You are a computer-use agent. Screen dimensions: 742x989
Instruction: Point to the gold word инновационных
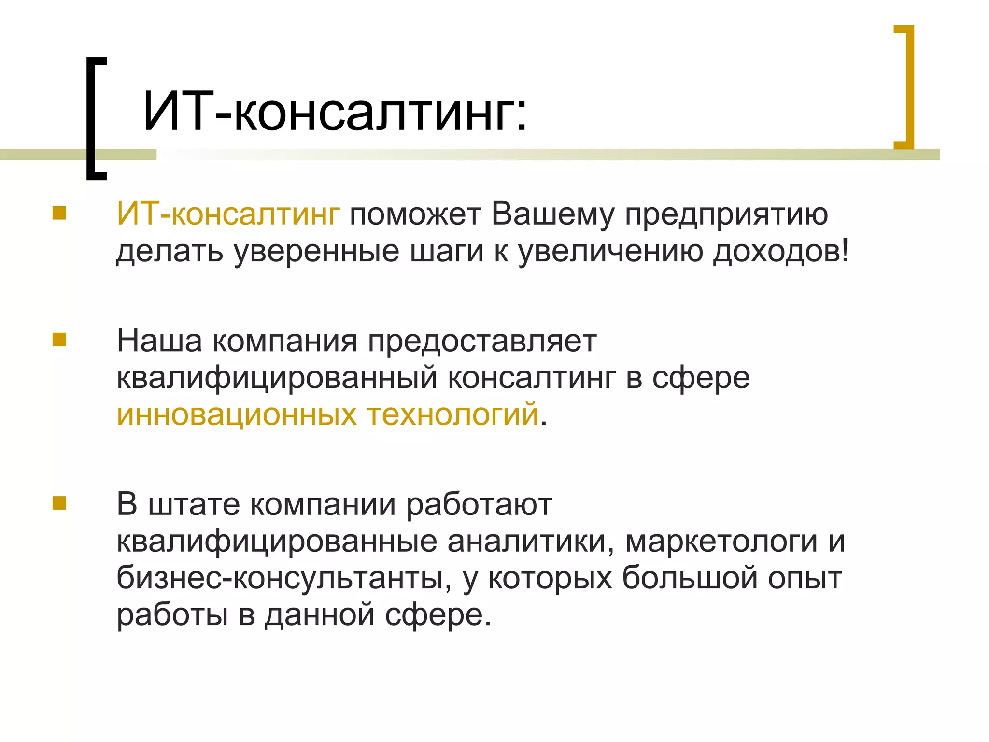click(237, 415)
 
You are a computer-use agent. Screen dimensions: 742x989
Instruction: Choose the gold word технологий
click(453, 415)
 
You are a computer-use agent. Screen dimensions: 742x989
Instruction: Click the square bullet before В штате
click(59, 503)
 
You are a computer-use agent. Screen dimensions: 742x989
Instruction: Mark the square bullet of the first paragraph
click(59, 213)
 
